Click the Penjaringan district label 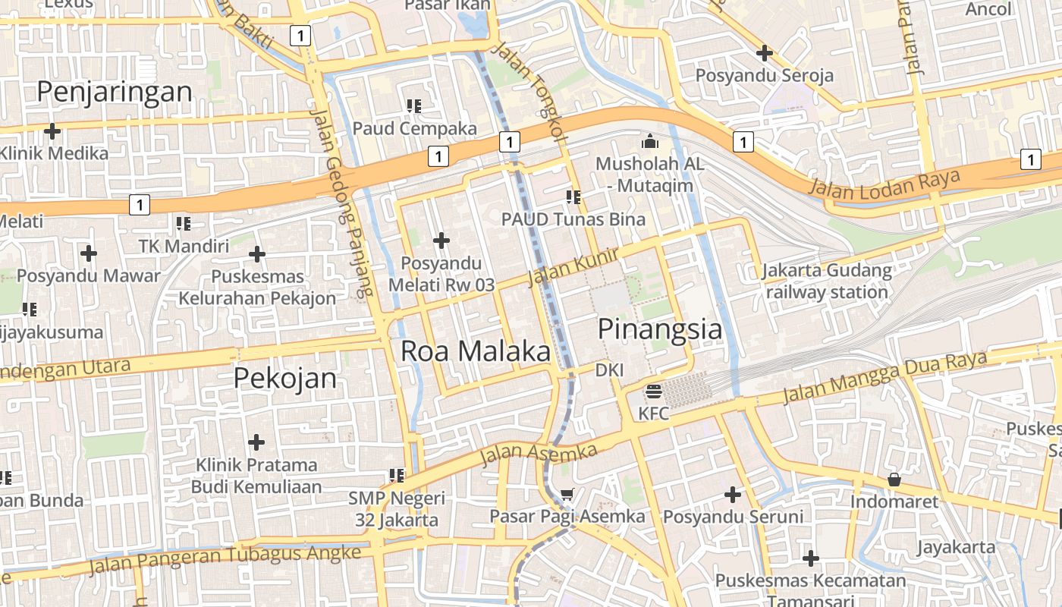tap(115, 92)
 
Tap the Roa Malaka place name tap(475, 351)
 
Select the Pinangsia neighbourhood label tap(660, 329)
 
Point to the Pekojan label tap(284, 378)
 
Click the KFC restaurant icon tap(653, 392)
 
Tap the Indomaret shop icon tap(894, 480)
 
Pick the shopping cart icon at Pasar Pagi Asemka tap(567, 495)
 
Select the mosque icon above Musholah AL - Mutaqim tap(649, 141)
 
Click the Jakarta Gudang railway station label tap(827, 281)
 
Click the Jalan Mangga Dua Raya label tap(884, 376)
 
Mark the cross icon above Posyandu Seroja tap(765, 53)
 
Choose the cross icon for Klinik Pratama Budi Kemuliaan tap(256, 442)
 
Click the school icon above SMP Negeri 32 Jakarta tap(396, 476)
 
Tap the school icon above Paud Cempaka tap(414, 105)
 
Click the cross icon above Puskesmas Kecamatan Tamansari tap(811, 558)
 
